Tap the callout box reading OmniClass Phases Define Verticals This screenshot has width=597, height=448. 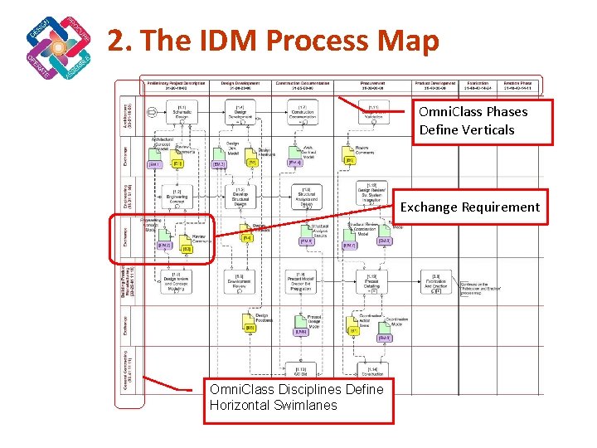tap(472, 121)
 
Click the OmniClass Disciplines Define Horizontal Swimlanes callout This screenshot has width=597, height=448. tap(298, 397)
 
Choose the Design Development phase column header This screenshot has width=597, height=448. tap(239, 85)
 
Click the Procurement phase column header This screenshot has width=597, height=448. tap(372, 85)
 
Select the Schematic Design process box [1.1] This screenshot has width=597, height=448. tap(182, 114)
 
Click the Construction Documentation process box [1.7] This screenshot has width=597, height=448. tap(302, 114)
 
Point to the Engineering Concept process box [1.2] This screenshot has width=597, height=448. tap(177, 197)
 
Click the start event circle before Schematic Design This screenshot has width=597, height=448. tap(152, 112)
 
